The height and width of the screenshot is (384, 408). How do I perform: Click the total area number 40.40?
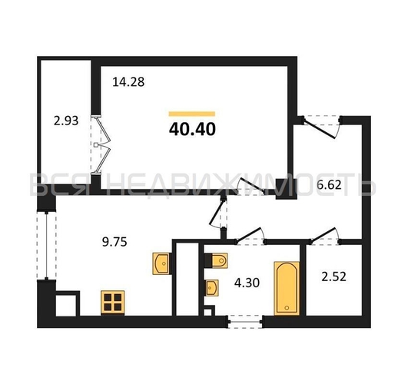pos(192,129)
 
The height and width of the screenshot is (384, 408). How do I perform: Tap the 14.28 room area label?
pos(128,81)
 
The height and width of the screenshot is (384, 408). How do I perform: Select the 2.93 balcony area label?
pos(66,121)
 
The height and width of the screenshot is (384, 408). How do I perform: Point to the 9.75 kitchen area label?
pos(114,242)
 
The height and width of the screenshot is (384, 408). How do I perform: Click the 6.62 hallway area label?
pos(329,185)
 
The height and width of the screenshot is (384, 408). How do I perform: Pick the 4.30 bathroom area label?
pos(247,283)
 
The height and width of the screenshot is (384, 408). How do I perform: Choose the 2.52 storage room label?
pos(333,276)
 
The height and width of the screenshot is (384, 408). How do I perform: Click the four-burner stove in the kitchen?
pos(113,303)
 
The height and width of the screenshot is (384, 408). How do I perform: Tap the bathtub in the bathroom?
pos(287,288)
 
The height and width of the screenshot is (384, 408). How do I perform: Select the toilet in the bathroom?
pos(216,260)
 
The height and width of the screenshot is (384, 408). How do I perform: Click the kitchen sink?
pos(161,263)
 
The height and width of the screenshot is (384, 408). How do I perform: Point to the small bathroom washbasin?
pos(212,288)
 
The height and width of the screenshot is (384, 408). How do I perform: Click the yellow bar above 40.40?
pos(192,114)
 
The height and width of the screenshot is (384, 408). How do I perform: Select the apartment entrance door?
pos(321,127)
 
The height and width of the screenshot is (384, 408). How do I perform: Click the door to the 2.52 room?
pos(325,237)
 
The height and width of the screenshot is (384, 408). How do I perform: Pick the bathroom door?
pos(250,237)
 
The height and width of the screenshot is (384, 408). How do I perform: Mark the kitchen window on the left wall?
pos(46,246)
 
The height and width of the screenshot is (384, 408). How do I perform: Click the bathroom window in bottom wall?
pos(245,322)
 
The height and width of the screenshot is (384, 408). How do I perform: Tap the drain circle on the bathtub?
pos(287,308)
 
